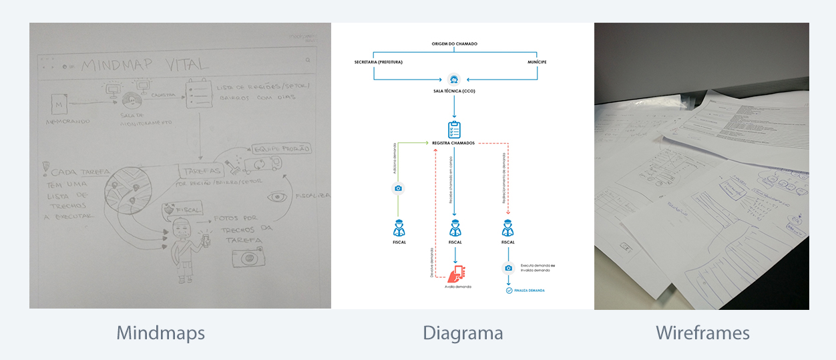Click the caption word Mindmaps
(x=160, y=333)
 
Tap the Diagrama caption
(x=463, y=333)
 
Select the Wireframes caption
(x=702, y=333)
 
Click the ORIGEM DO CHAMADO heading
(x=454, y=44)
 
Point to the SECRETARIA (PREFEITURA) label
(x=379, y=62)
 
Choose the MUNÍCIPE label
(x=536, y=62)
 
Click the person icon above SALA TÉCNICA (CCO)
(x=454, y=78)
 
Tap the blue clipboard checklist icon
(x=454, y=129)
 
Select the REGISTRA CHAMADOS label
(x=454, y=143)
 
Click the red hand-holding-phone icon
(x=457, y=274)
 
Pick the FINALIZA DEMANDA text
(x=530, y=291)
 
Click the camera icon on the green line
(x=398, y=188)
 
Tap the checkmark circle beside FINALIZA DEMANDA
(x=509, y=291)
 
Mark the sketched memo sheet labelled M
(x=61, y=106)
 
